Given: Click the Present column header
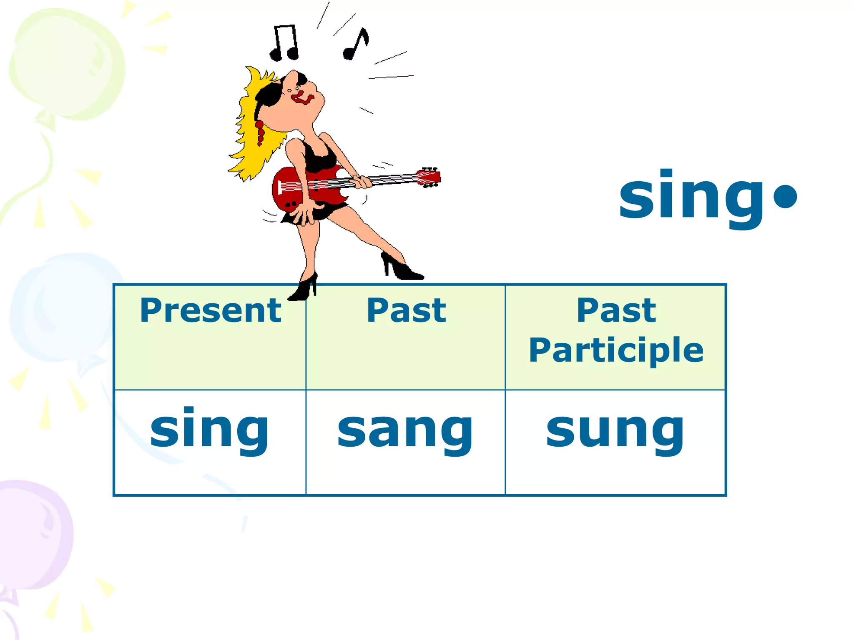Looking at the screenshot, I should pyautogui.click(x=211, y=310).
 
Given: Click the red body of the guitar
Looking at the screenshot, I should pyautogui.click(x=292, y=190).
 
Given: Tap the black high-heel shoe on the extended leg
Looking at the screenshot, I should pyautogui.click(x=401, y=269).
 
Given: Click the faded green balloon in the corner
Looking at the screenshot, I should pyautogui.click(x=67, y=65).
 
